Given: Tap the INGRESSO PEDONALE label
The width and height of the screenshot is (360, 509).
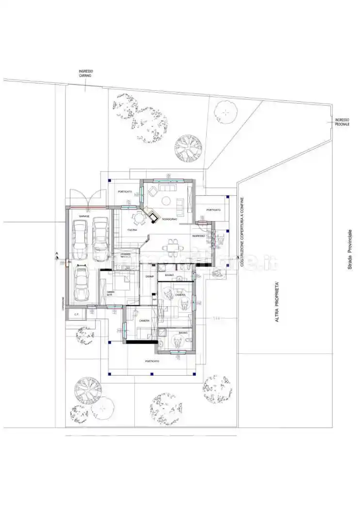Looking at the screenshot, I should (x=342, y=122).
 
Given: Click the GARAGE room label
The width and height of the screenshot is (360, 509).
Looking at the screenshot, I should (x=84, y=216).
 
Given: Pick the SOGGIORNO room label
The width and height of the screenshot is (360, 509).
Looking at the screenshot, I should (x=169, y=220).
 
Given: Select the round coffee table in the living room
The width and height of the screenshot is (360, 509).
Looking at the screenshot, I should (x=166, y=201).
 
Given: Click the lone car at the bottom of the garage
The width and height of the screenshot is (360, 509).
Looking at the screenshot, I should (x=82, y=285).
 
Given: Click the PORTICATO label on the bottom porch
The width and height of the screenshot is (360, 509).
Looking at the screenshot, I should (x=152, y=361).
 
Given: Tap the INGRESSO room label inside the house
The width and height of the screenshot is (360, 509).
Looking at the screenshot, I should (x=198, y=236).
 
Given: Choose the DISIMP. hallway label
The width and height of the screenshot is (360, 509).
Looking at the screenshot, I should (x=149, y=276).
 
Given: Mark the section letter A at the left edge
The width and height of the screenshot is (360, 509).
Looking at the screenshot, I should (x=57, y=254).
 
